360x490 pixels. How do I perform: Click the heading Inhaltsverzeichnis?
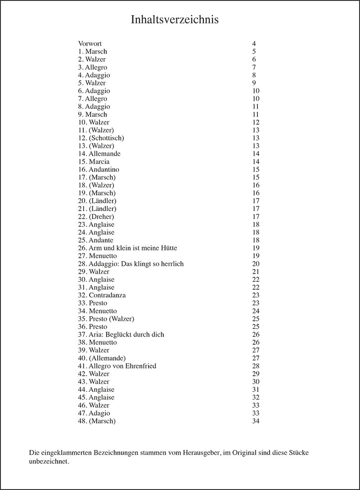[175, 20]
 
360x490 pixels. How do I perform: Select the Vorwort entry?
[90, 44]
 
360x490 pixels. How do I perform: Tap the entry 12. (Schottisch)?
[101, 138]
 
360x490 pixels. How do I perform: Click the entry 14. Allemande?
[99, 154]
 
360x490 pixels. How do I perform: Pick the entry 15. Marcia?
[94, 162]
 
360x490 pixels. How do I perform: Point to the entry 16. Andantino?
[98, 170]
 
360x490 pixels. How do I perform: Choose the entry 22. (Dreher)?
[96, 216]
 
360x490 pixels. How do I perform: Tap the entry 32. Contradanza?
[102, 295]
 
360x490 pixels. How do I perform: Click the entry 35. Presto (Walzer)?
[106, 319]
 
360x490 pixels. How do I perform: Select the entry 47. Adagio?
[94, 413]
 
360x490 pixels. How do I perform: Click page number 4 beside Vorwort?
[254, 44]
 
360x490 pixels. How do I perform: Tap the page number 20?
[256, 264]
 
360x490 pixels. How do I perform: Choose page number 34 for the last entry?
[256, 421]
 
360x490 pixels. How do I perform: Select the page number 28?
[256, 366]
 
